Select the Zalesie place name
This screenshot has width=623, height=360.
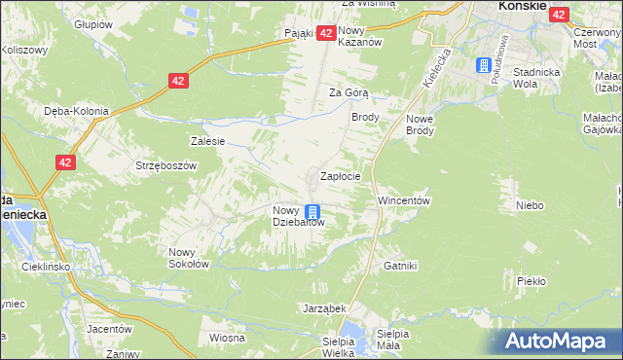pos(208,141)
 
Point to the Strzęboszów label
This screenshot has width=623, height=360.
pos(165,165)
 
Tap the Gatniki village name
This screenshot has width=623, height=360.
pos(400,266)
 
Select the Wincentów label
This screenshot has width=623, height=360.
pos(404,200)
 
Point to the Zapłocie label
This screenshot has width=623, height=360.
pos(342,177)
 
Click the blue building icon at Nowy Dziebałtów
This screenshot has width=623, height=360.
pos(312,212)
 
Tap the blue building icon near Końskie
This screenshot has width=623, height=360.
pos(484,65)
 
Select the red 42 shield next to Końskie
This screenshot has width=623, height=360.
pos(559,15)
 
